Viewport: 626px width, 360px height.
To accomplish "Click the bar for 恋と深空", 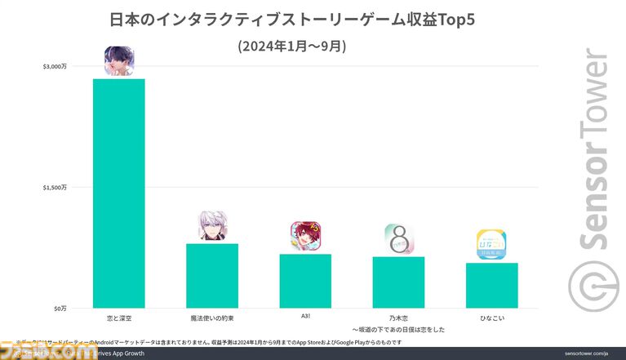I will pyautogui.click(x=119, y=193).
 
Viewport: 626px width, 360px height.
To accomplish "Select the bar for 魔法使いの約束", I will pyautogui.click(x=212, y=275).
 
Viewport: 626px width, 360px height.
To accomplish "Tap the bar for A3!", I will pyautogui.click(x=305, y=281).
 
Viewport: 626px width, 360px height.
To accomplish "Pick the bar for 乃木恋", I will pyautogui.click(x=398, y=282).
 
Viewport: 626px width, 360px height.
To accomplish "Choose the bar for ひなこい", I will pyautogui.click(x=491, y=285).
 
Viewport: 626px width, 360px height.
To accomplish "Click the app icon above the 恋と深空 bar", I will pyautogui.click(x=119, y=62).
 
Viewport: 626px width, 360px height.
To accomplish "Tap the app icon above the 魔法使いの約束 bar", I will pyautogui.click(x=212, y=226).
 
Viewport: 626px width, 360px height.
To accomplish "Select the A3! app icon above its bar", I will pyautogui.click(x=305, y=237).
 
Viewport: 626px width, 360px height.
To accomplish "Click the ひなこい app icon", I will pyautogui.click(x=491, y=245).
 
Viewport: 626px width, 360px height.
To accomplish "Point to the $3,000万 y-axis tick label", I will pyautogui.click(x=55, y=66).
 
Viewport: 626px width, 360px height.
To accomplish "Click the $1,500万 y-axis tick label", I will pyautogui.click(x=55, y=187).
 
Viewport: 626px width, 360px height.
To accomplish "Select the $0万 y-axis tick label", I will pyautogui.click(x=60, y=308).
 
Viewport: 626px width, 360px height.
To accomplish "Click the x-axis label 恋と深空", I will pyautogui.click(x=119, y=315).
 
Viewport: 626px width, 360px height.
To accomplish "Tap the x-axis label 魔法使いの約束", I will pyautogui.click(x=212, y=315).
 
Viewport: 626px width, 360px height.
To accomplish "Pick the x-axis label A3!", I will pyautogui.click(x=305, y=315).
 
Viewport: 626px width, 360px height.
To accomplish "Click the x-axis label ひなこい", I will pyautogui.click(x=491, y=315).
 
